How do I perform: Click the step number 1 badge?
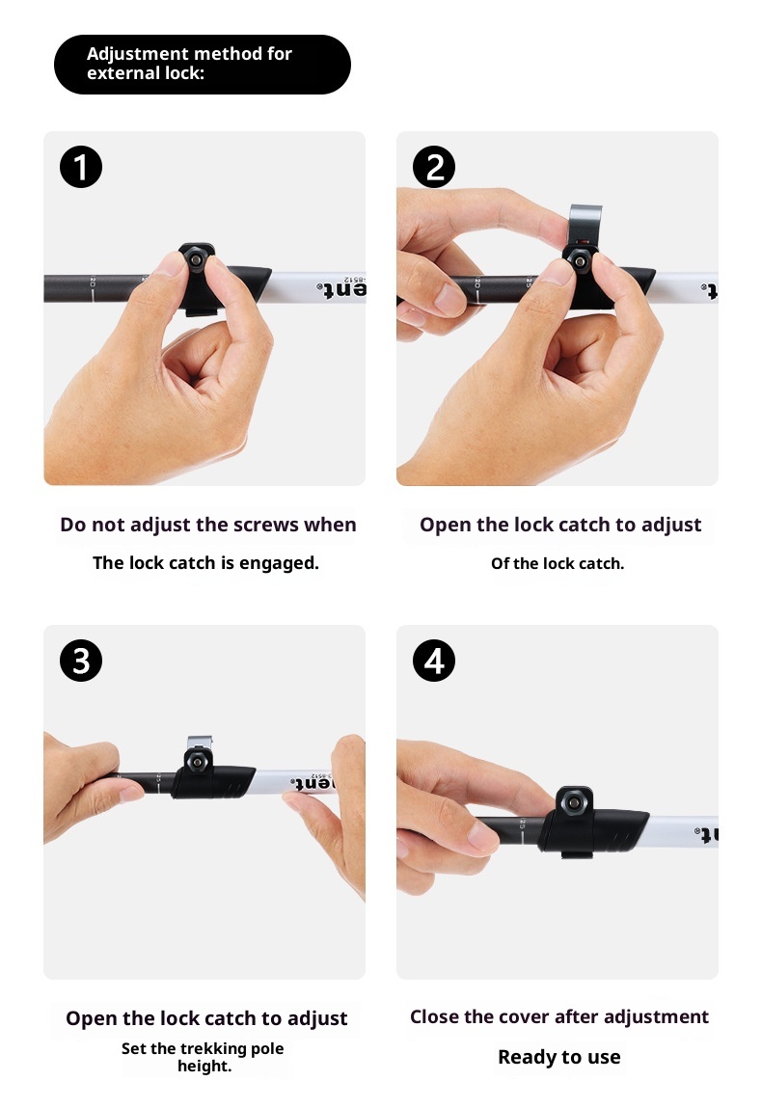tap(81, 167)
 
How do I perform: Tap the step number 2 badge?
tap(434, 167)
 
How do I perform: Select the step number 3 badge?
tap(81, 661)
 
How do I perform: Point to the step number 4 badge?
tap(434, 661)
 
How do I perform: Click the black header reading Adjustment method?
tap(203, 65)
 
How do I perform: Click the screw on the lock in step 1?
tap(195, 260)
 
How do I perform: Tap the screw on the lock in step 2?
tap(581, 261)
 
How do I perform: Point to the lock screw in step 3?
tap(197, 761)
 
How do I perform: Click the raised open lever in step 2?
tap(585, 223)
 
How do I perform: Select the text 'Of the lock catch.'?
tap(558, 564)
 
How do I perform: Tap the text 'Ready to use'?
tap(559, 1057)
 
